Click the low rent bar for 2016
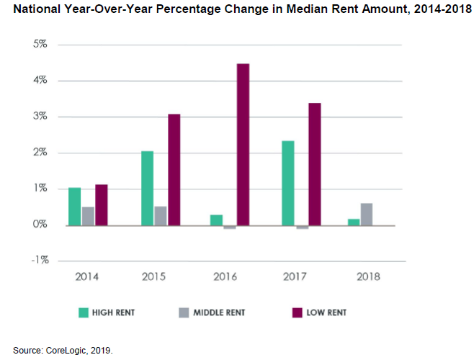(243, 144)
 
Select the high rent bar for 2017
(287, 183)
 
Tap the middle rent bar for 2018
(367, 215)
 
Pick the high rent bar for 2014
(74, 207)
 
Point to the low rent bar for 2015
(174, 170)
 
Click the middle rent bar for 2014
(88, 216)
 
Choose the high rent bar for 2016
(217, 220)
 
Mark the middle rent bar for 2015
(160, 216)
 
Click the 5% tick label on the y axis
(40, 45)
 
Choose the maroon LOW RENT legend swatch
(295, 312)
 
